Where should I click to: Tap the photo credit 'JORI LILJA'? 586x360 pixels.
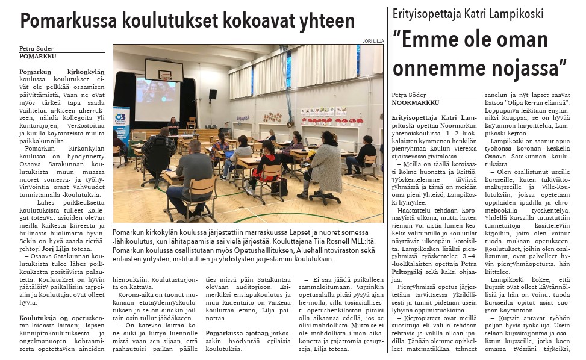pyautogui.click(x=373, y=41)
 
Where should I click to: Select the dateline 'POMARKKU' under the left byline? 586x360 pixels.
pyautogui.click(x=38, y=55)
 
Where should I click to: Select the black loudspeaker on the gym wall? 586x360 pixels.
pyautogui.click(x=213, y=94)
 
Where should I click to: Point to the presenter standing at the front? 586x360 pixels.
pyautogui.click(x=173, y=126)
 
